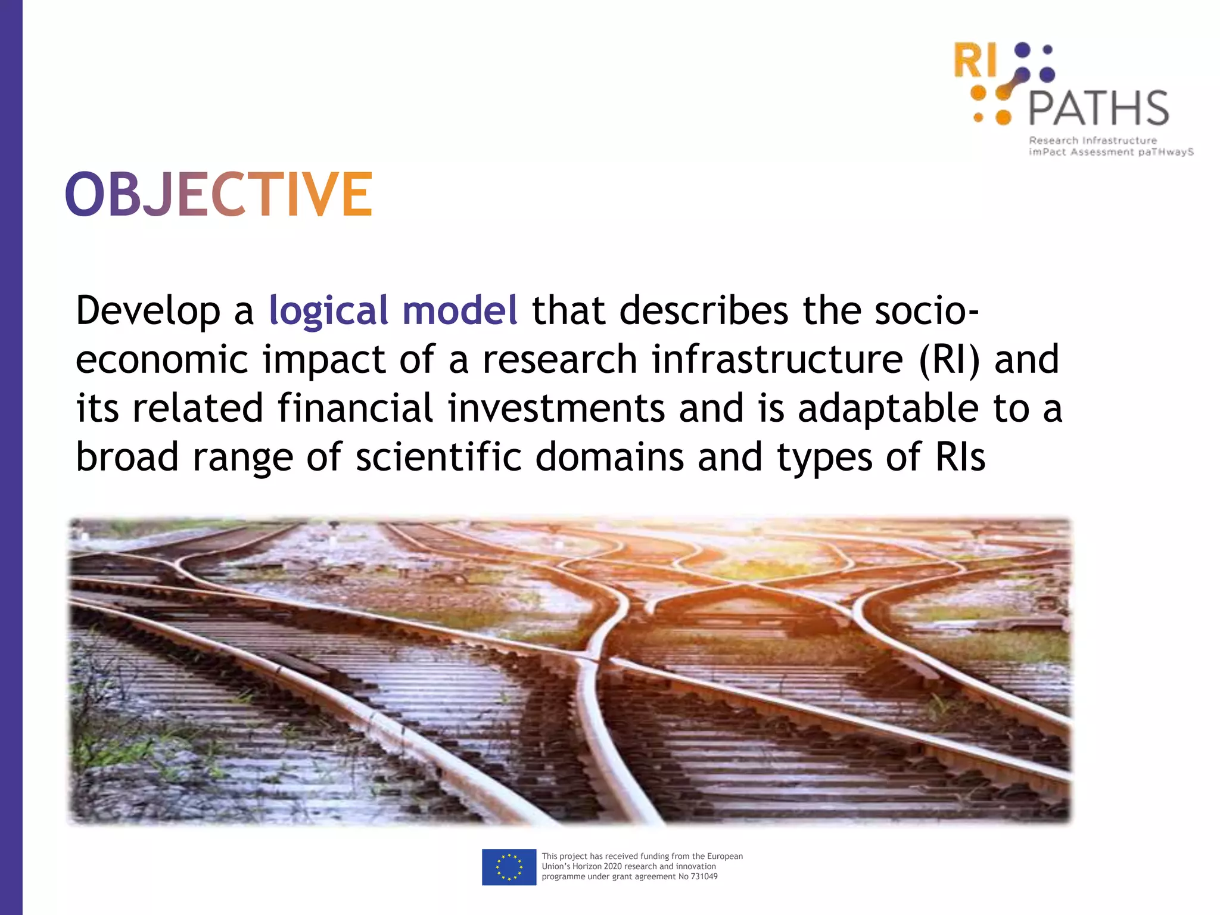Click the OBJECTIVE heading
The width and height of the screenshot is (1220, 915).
click(x=219, y=194)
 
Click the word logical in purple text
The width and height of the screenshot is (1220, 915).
click(x=328, y=311)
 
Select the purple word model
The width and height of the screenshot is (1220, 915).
click(x=460, y=311)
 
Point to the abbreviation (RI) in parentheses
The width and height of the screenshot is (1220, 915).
click(x=949, y=360)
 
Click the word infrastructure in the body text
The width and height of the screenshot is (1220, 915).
click(x=777, y=360)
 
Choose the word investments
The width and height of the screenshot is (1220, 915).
click(x=556, y=409)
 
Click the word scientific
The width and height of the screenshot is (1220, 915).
click(x=438, y=457)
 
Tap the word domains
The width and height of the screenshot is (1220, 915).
click(x=609, y=457)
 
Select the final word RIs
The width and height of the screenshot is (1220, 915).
click(x=960, y=457)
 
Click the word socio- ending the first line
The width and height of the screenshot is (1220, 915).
click(x=927, y=311)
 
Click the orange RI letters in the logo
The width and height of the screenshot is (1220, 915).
click(x=975, y=61)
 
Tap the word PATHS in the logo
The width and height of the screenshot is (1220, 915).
click(x=1098, y=108)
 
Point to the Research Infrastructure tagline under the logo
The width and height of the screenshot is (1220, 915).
click(x=1093, y=141)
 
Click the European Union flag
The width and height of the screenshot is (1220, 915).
click(x=509, y=867)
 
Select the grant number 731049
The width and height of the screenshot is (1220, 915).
click(x=704, y=876)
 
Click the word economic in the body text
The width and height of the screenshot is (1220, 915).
click(x=161, y=360)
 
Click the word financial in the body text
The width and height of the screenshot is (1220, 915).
click(x=355, y=409)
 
